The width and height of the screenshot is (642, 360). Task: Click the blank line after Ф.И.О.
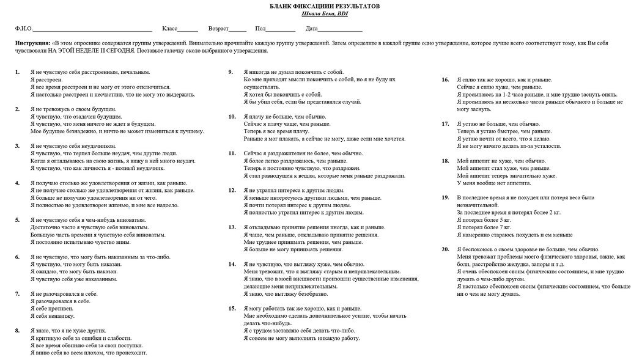tap(92, 29)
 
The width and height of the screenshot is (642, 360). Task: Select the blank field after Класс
tap(188, 29)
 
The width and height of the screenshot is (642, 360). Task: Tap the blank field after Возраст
tap(238, 29)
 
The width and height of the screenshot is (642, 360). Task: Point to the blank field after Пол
tap(281, 29)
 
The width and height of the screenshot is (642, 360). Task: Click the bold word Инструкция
tap(32, 44)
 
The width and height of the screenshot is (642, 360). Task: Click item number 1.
tap(17, 72)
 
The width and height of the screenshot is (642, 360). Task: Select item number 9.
tap(231, 72)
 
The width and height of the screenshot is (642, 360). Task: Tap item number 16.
tap(445, 79)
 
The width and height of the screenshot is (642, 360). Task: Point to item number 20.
tap(445, 249)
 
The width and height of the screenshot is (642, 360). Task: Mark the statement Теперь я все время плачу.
tap(276, 131)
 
